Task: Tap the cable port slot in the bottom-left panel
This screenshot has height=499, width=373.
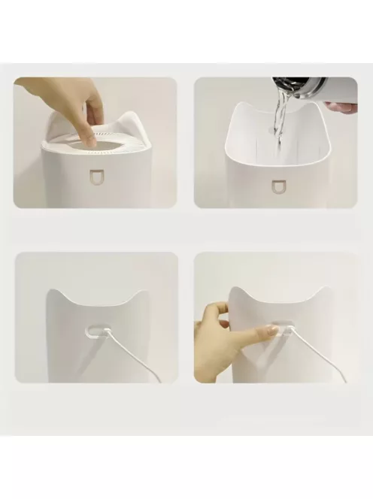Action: pos(96,328)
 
